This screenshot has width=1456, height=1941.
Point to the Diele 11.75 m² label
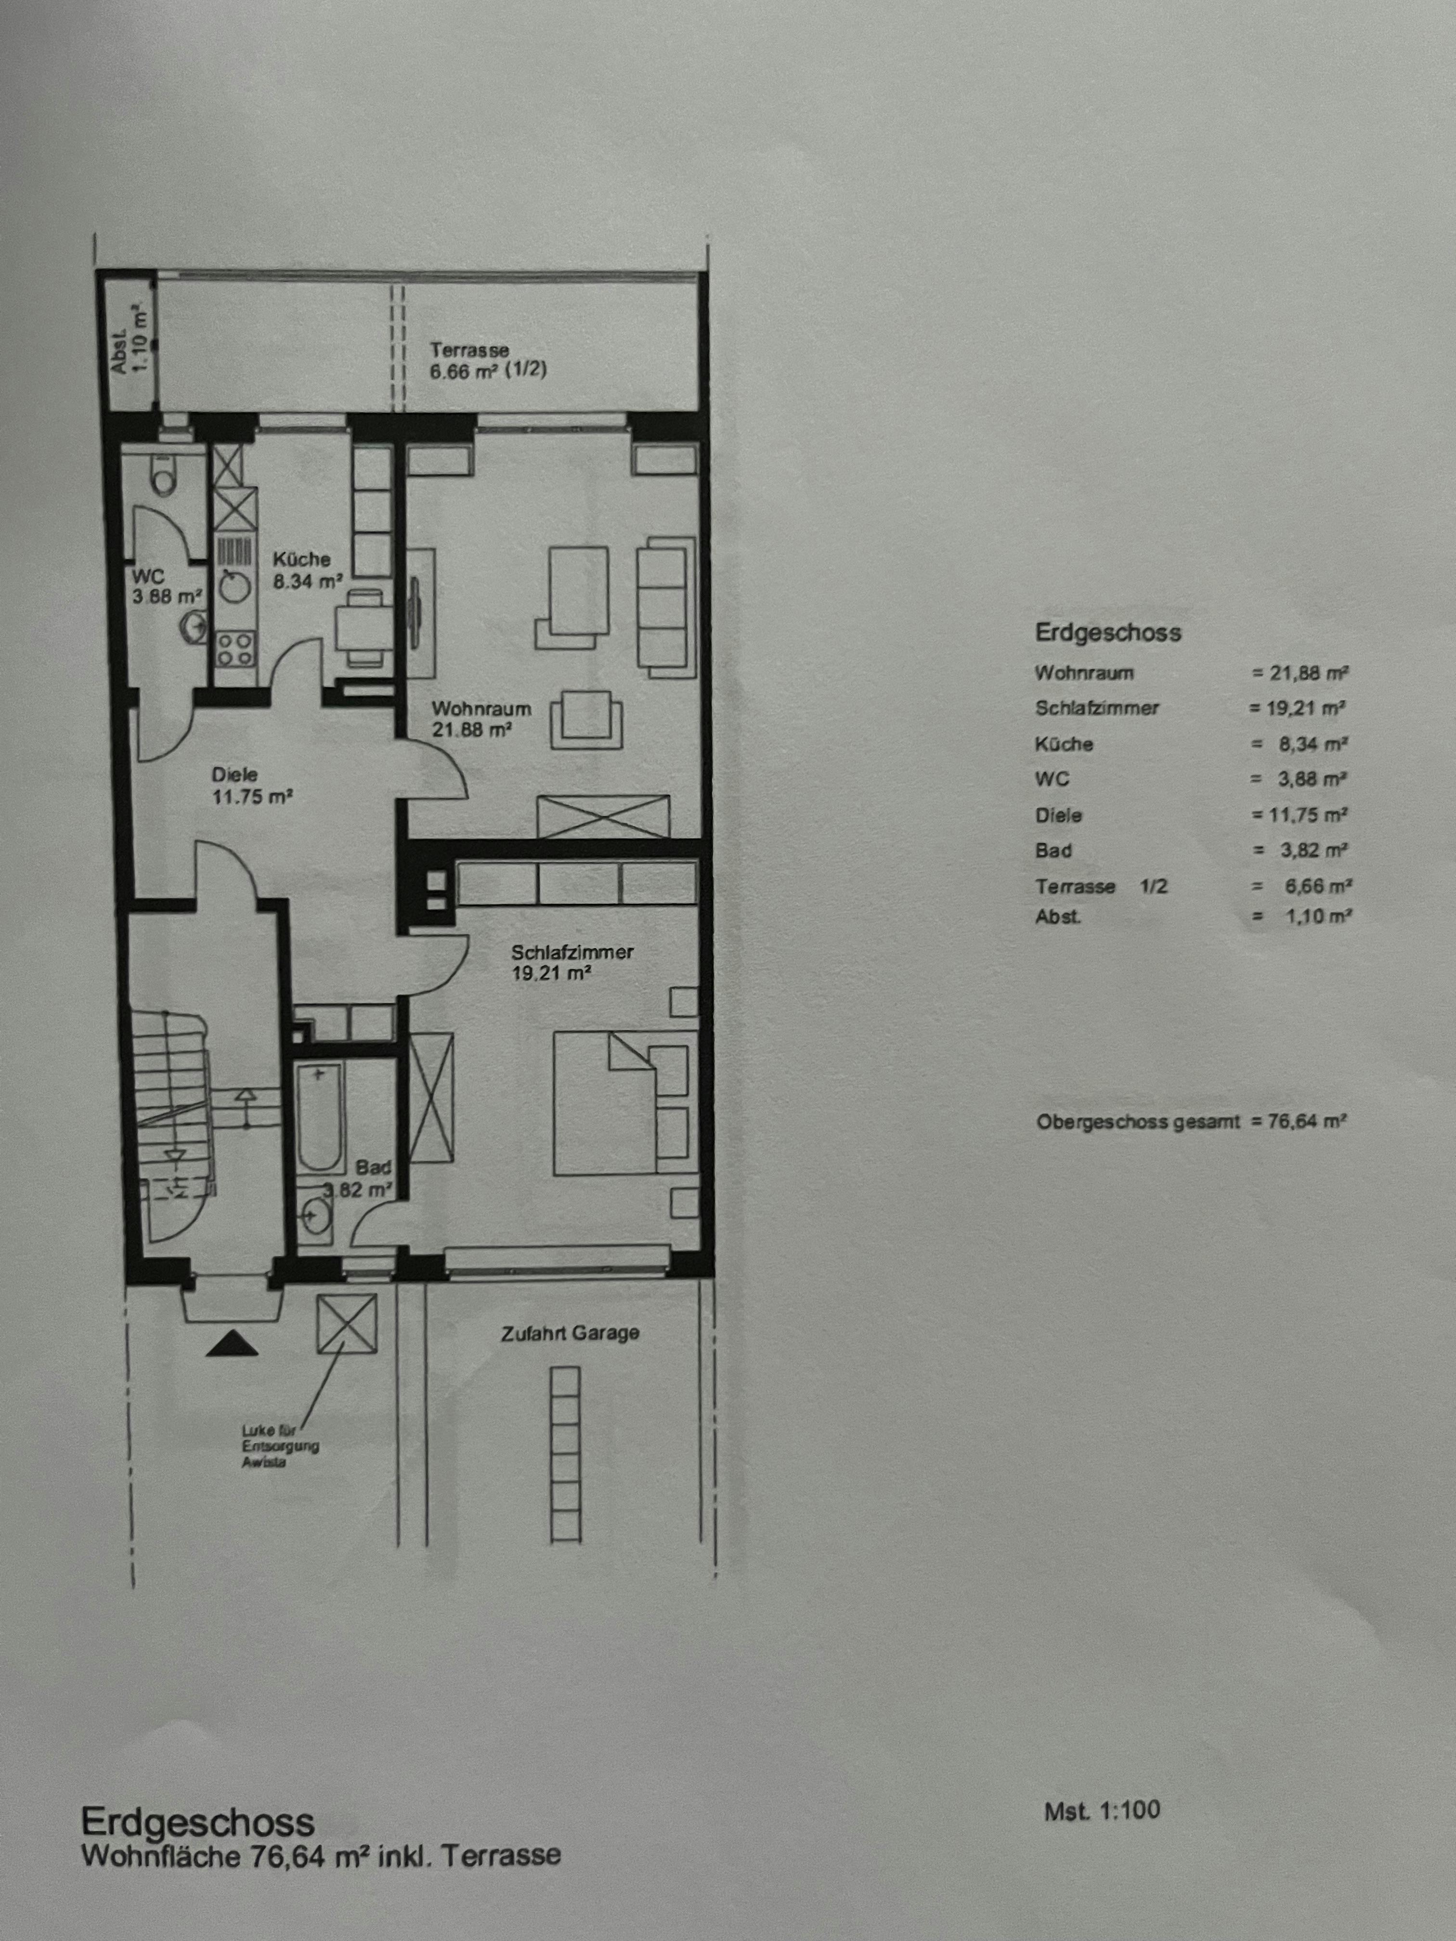251,786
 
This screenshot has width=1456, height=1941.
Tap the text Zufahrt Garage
570,1333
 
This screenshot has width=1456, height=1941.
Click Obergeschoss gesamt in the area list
1138,1122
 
